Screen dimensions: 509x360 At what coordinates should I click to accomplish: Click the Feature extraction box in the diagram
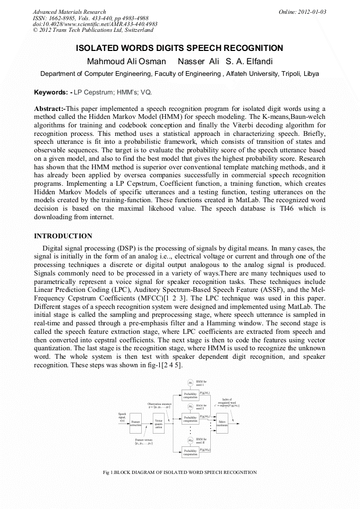136,423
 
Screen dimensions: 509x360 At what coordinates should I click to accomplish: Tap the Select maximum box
222,423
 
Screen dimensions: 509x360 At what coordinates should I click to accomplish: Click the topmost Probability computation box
190,395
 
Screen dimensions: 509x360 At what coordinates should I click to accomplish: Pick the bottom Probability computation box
190,452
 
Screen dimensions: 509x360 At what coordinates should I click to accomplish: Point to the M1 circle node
190,383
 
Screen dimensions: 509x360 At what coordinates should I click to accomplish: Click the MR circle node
190,440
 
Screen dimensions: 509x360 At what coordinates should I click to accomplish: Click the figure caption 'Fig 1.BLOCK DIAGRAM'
179,472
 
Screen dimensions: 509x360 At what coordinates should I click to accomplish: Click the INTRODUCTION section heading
63,236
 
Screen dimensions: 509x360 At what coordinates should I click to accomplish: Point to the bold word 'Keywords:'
49,92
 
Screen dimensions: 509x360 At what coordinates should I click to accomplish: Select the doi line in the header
95,24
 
